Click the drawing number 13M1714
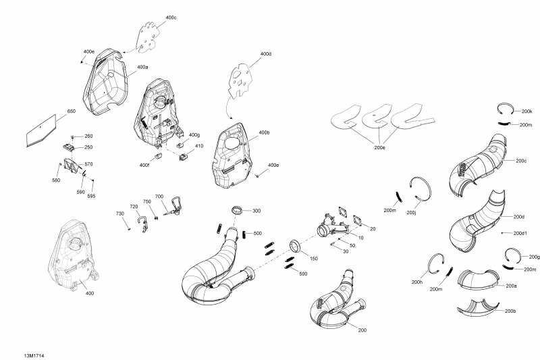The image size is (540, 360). pos(34,355)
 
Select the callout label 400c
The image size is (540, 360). pos(171,18)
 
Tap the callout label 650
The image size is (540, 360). pos(72,111)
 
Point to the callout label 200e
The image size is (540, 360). pos(379,147)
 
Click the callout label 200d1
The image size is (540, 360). pos(520,233)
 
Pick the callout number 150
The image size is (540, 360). pos(313,259)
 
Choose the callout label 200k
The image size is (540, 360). pos(527,111)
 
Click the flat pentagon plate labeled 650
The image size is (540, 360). pos(41,130)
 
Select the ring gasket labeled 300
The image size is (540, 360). pos(237,209)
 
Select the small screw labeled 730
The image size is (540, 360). pos(128,228)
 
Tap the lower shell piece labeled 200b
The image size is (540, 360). pos(478,308)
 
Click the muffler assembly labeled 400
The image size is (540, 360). pos(73,255)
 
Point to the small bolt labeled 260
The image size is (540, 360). pos(73,137)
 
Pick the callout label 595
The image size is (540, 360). pos(91,196)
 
